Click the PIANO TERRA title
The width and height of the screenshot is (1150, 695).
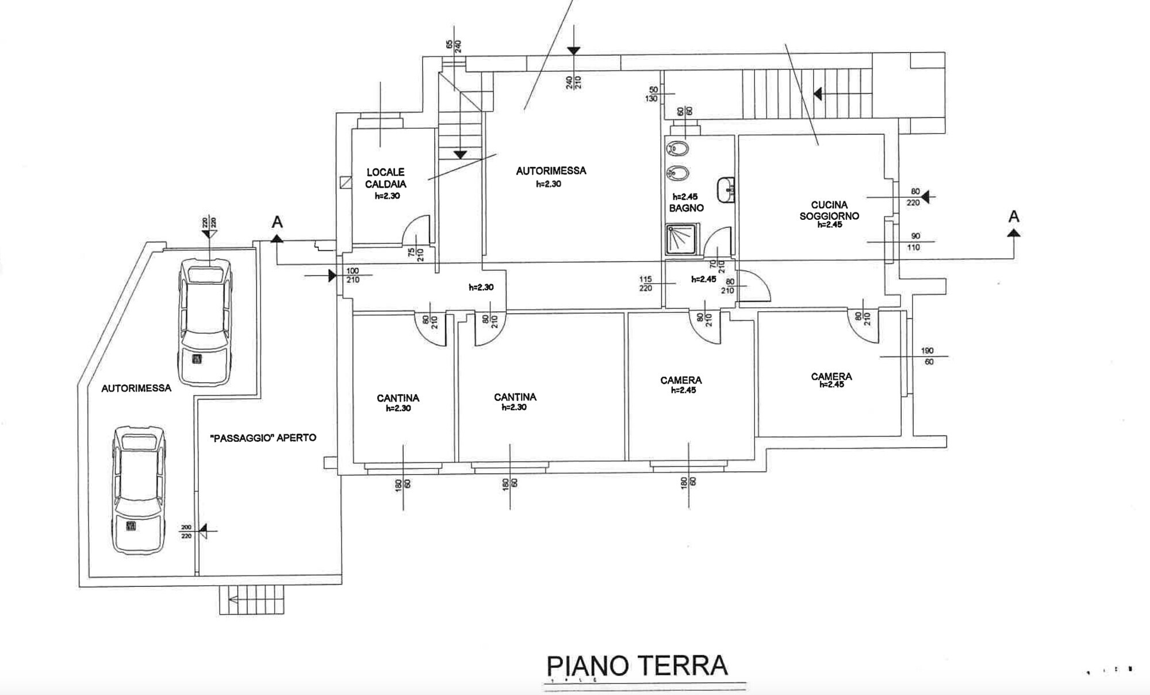637,666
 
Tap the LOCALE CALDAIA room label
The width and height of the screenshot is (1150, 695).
386,178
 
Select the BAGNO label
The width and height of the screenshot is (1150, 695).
686,208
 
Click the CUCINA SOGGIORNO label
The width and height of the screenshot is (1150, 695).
829,210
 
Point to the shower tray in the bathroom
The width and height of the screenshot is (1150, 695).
682,239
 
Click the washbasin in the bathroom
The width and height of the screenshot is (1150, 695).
726,190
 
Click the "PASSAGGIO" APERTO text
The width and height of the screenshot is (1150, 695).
263,438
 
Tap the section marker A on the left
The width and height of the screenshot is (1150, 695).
277,228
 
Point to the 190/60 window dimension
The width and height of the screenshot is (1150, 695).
927,356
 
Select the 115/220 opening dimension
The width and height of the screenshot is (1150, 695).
646,284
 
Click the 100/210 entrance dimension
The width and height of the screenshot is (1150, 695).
352,275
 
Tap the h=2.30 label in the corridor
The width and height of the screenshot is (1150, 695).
481,287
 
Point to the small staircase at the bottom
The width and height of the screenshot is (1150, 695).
252,600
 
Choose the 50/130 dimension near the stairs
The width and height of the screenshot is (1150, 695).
653,94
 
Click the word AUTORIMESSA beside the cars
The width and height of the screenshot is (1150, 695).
136,388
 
